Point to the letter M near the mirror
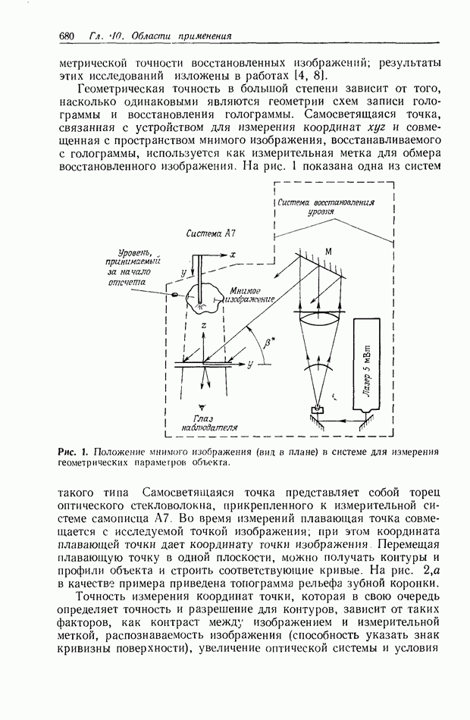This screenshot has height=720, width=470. point(328,251)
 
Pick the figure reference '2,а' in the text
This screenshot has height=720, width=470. point(432,569)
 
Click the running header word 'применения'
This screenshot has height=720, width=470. point(200,36)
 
